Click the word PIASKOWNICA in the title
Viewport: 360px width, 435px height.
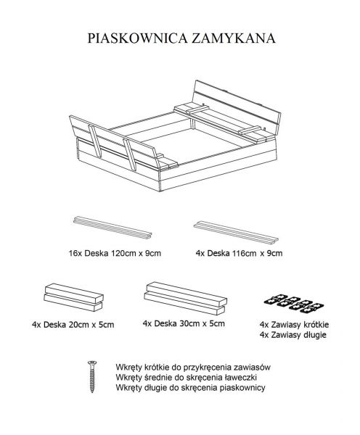coord(137,38)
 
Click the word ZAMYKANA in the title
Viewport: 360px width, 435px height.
coord(234,38)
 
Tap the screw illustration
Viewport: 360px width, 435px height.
coord(92,376)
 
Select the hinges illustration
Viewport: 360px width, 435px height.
coord(294,304)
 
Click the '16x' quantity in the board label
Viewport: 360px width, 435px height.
coord(75,253)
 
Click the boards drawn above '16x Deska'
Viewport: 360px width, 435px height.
coord(112,228)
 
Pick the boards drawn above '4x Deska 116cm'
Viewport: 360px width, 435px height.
coord(236,233)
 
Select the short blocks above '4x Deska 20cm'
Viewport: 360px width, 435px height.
coord(73,297)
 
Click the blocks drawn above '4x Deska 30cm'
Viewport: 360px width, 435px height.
coord(186,299)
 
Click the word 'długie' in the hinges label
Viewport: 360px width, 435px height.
coord(313,335)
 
